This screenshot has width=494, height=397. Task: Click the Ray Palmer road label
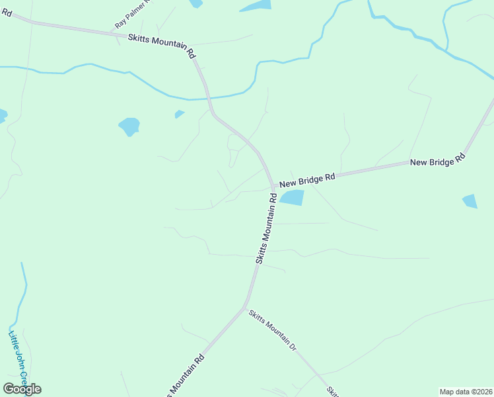pyautogui.click(x=133, y=14)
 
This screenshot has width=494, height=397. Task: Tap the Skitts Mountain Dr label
pyautogui.click(x=273, y=330)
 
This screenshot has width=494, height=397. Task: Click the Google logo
pyautogui.click(x=22, y=389)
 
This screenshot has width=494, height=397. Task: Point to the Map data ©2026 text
pyautogui.click(x=466, y=391)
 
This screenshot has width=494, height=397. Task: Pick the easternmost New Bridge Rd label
pyautogui.click(x=438, y=160)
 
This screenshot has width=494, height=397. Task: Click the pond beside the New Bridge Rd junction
pyautogui.click(x=292, y=197)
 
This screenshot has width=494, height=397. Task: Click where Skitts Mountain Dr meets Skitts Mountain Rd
pyautogui.click(x=246, y=308)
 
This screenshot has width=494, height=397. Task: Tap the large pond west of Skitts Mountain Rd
pyautogui.click(x=129, y=125)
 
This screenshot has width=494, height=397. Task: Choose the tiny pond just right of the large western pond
pyautogui.click(x=179, y=114)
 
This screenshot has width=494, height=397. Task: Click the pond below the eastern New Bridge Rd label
pyautogui.click(x=470, y=200)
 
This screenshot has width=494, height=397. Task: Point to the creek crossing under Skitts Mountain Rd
pyautogui.click(x=207, y=99)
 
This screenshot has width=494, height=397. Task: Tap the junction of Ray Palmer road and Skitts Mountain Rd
pyautogui.click(x=119, y=32)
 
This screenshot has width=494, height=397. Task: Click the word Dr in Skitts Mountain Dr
pyautogui.click(x=292, y=346)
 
